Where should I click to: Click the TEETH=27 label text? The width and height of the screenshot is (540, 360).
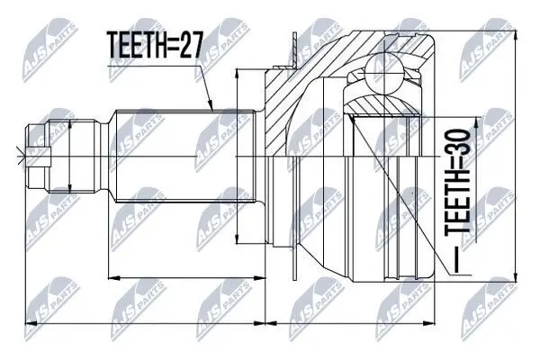tap(154, 45)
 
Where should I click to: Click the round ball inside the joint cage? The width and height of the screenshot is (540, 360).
tap(383, 73)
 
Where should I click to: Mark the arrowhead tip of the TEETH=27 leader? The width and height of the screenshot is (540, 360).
tap(213, 111)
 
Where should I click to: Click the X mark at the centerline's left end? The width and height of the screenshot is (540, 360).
tap(21, 157)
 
